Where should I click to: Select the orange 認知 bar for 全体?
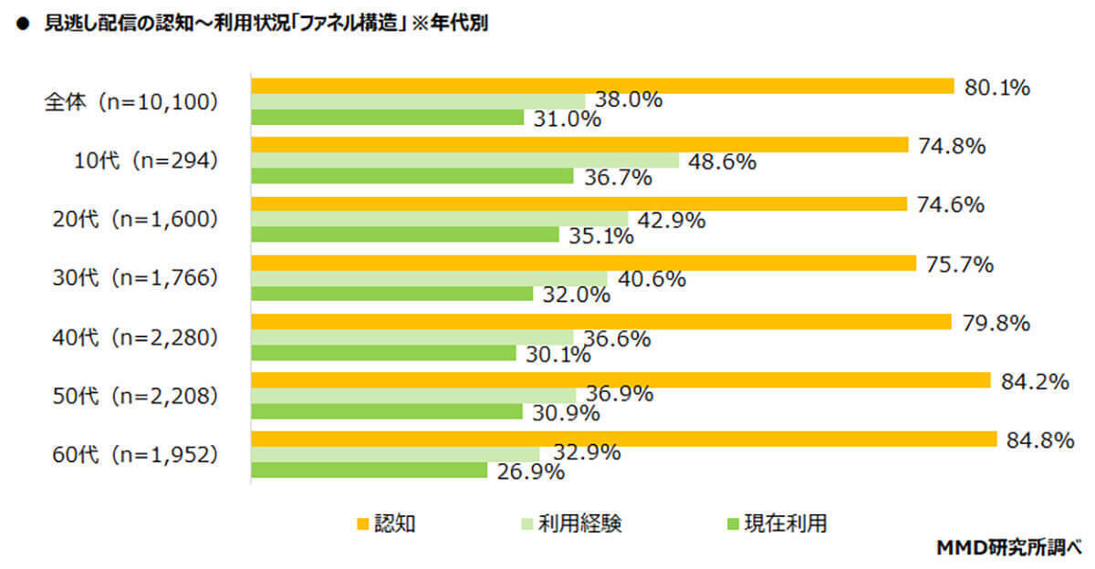click(602, 87)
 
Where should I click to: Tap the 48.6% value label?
click(723, 161)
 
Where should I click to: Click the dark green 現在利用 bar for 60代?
click(369, 471)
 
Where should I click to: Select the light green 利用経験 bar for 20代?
click(439, 219)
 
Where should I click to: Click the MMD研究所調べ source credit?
click(1008, 547)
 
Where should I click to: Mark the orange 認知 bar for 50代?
click(620, 380)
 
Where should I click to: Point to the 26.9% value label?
click(530, 472)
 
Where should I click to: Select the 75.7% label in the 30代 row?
click(958, 264)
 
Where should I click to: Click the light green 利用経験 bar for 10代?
click(465, 160)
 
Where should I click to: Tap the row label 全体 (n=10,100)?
click(132, 102)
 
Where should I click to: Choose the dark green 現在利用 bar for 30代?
click(391, 294)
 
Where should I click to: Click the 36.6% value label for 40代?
click(617, 339)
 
